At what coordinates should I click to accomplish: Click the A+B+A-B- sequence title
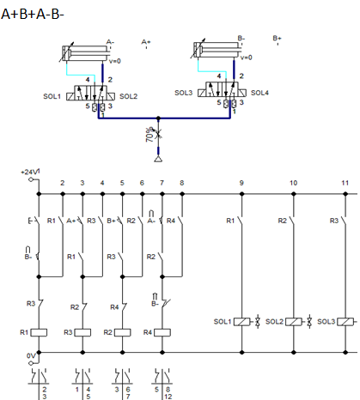coord(33,14)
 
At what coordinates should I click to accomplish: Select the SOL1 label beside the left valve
coord(52,96)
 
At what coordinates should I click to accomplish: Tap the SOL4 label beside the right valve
coord(259,93)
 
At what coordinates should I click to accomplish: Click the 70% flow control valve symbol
coord(158,134)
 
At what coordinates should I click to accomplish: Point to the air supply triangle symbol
coord(158,159)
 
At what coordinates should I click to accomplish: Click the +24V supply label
coord(29,172)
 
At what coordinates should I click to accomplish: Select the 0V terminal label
coord(31,355)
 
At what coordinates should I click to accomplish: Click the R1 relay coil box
coord(39,332)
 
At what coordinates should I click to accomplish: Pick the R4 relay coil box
coord(162,332)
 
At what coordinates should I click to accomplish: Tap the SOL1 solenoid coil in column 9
coord(242,322)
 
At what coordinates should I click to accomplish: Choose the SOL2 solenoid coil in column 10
coord(294,322)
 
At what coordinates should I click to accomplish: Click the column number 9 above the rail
coord(241,183)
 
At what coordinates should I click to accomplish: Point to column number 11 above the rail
coord(345,183)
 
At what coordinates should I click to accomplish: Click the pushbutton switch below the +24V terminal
coord(34,221)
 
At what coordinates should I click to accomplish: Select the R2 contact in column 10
coord(292,221)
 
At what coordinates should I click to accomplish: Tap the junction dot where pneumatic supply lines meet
coord(158,118)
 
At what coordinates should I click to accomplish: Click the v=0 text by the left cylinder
coord(115,61)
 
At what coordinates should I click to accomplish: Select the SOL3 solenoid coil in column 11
coord(345,322)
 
